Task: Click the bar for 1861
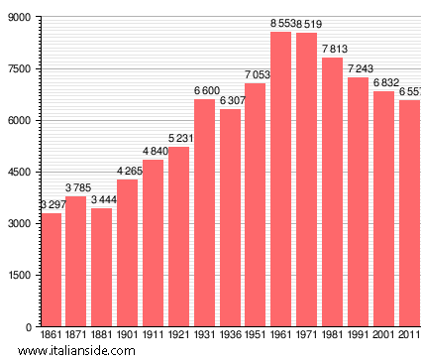click(51, 270)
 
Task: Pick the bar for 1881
click(102, 267)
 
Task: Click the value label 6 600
click(204, 90)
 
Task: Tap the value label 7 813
click(332, 49)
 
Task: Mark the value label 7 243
click(358, 68)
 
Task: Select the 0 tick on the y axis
click(28, 326)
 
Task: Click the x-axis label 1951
click(256, 336)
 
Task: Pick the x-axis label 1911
click(153, 336)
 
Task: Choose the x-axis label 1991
click(358, 336)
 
